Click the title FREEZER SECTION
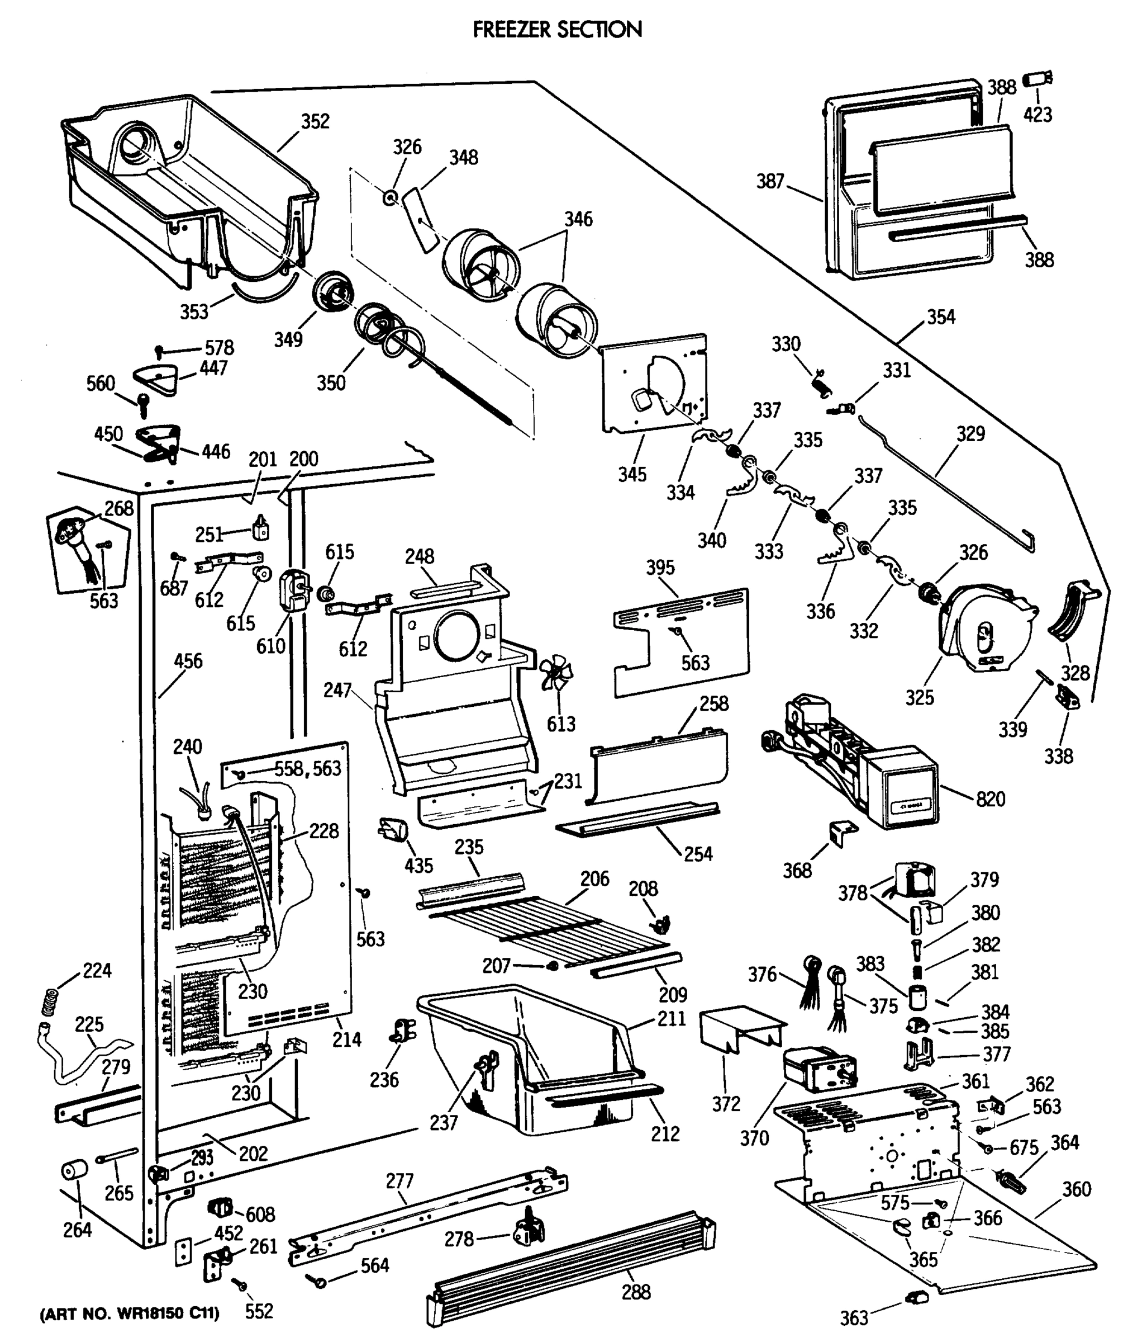coord(558,29)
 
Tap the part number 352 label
coord(315,121)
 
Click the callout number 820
coord(991,798)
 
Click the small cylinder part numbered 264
coord(74,1170)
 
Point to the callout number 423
coord(1037,115)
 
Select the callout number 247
coord(337,690)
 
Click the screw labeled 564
coord(318,1280)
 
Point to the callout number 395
coord(660,568)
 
